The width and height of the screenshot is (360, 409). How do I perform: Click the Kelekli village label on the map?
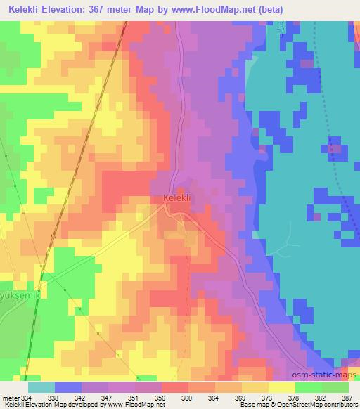click(177, 199)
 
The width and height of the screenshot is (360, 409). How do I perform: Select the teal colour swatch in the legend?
click(41, 387)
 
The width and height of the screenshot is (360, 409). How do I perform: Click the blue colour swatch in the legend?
click(68, 387)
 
